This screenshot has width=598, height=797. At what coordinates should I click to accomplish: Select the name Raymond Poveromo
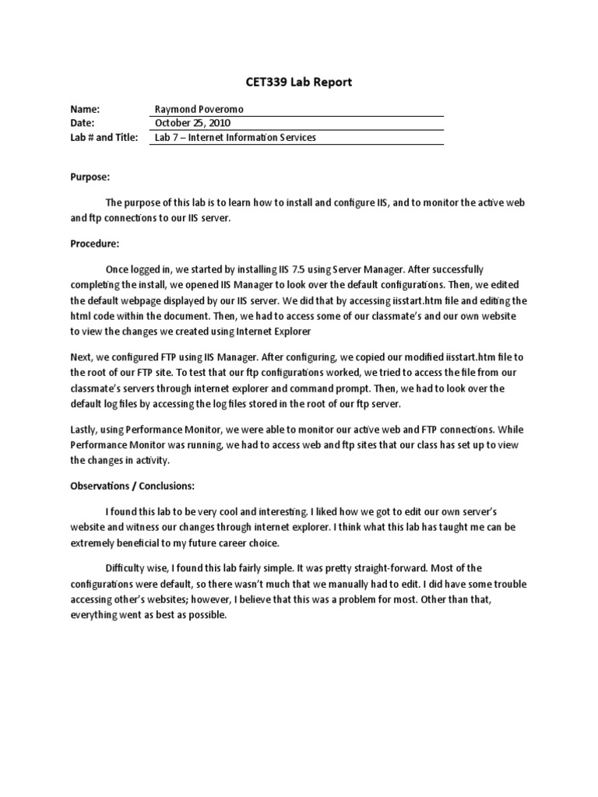coord(198,110)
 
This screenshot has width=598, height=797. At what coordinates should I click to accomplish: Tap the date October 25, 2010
coord(192,123)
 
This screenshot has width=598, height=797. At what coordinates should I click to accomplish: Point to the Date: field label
coord(82,123)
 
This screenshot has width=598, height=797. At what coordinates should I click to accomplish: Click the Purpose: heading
coord(90,177)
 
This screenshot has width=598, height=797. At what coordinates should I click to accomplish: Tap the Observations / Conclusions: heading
coord(132,486)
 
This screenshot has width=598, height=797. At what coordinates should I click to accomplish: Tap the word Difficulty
coord(126,568)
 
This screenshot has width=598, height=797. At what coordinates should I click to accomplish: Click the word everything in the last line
coord(94,615)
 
